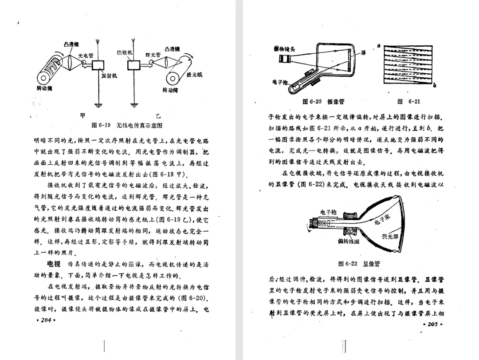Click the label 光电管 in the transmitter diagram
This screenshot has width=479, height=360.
tap(86, 56)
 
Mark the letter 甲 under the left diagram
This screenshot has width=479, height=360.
tap(82, 116)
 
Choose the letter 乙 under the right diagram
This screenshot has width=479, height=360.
tap(158, 116)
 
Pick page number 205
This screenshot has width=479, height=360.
tap(432, 324)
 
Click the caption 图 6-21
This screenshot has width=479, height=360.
tap(408, 102)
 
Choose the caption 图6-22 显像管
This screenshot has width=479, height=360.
tap(359, 264)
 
